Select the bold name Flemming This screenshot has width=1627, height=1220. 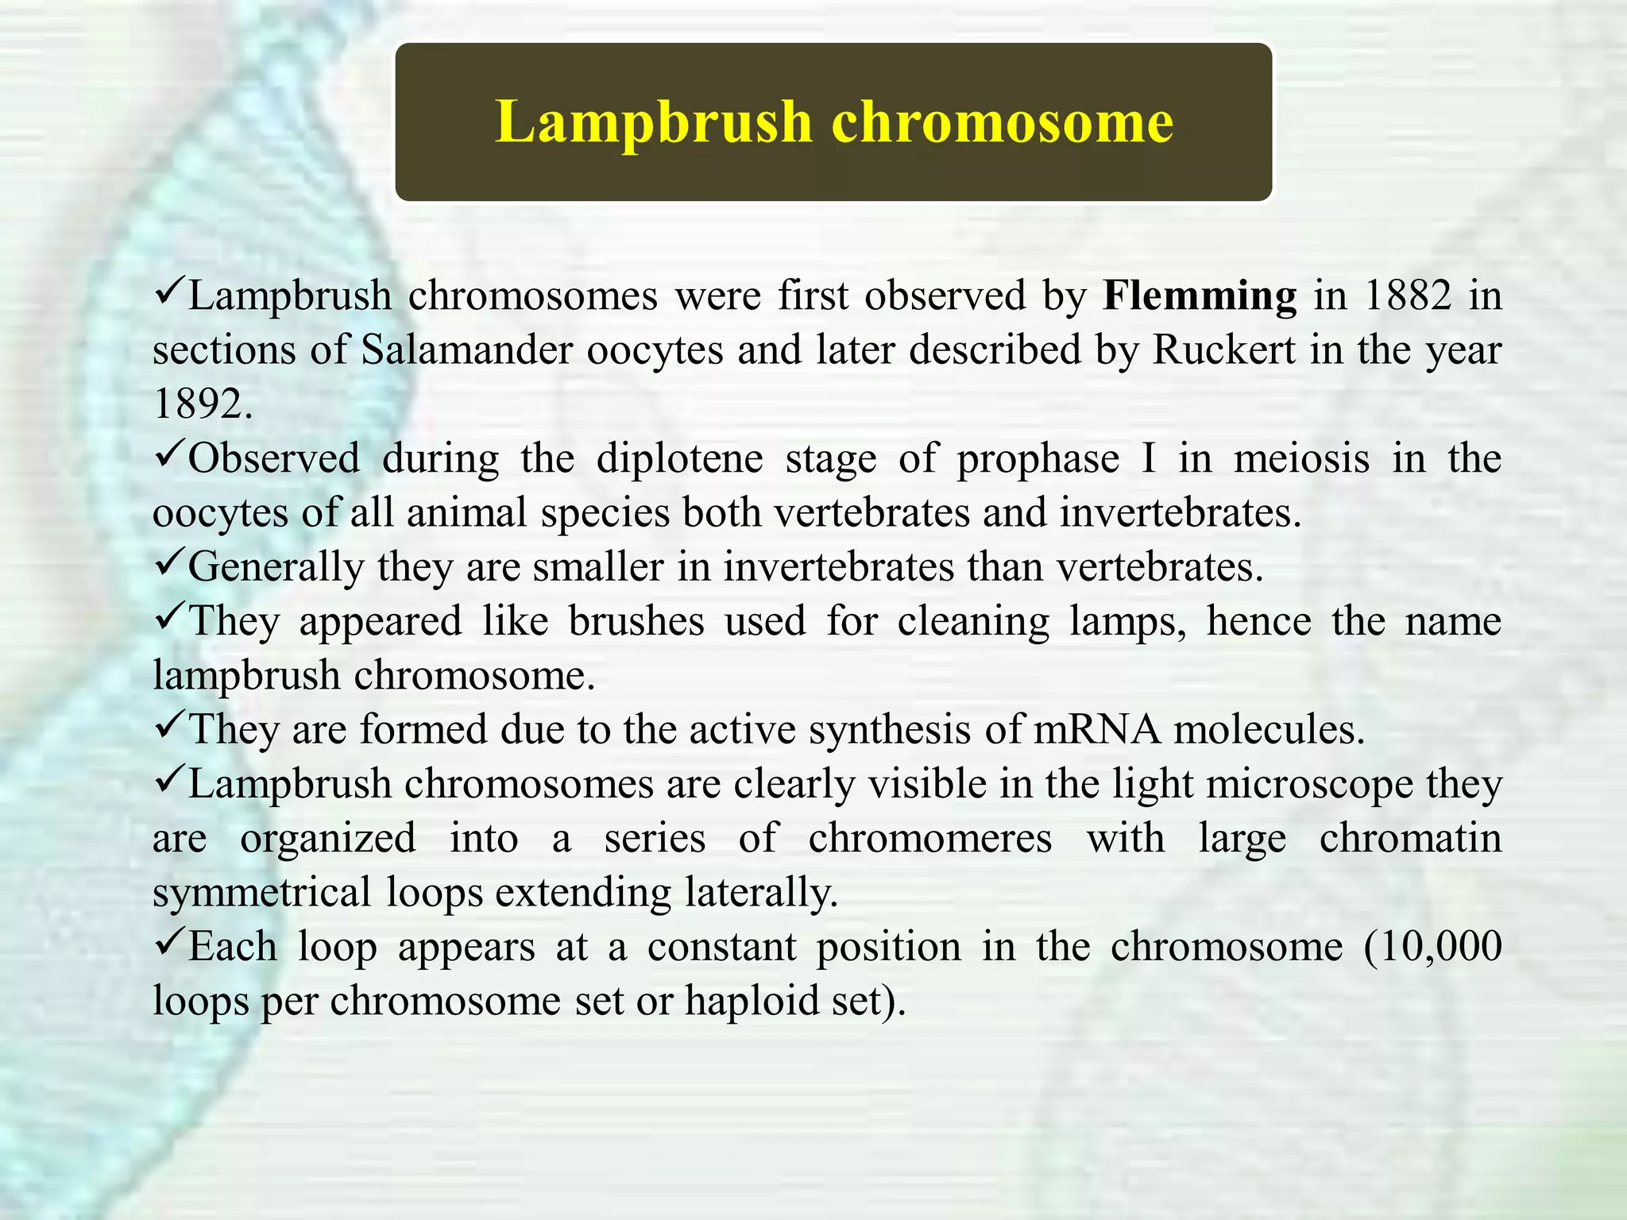[x=1200, y=295]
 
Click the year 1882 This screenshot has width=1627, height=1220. [x=1407, y=295]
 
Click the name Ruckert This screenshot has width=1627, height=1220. [x=1223, y=349]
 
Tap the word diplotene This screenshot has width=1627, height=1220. [x=679, y=458]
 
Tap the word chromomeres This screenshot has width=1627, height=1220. [x=929, y=838]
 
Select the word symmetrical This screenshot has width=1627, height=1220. [x=262, y=892]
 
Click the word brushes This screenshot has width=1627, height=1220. [x=636, y=621]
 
